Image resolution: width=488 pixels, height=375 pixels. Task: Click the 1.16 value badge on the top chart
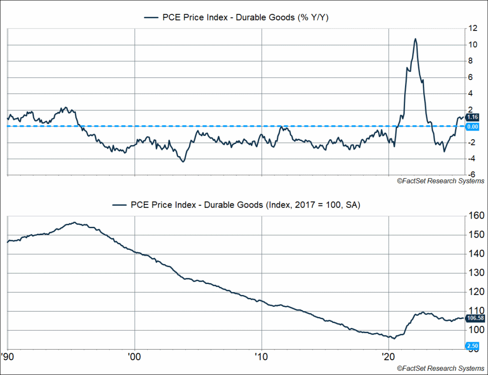473,117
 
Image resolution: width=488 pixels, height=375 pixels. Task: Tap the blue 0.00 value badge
473,126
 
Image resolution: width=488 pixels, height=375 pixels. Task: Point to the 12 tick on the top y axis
473,29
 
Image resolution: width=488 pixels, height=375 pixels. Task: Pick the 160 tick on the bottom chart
475,215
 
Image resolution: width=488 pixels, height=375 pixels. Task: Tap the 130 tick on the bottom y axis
475,273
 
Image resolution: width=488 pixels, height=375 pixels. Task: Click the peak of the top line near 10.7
415,39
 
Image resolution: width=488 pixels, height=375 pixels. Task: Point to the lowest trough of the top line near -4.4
183,162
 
